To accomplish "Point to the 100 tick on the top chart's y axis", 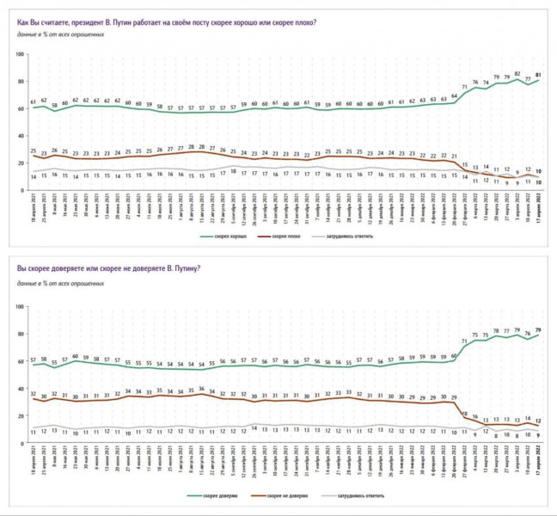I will point(19,55).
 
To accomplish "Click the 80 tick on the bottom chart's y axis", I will point(20,335).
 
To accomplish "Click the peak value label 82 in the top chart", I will point(517,73).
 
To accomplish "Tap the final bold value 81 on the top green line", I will point(539,75).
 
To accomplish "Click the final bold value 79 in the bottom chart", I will point(539,329).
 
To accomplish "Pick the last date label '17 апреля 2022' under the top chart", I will point(539,210).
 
